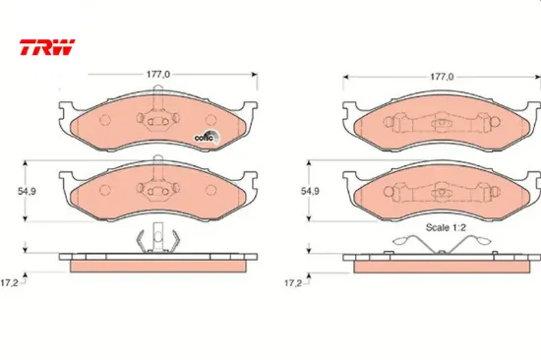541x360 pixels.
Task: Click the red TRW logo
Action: coord(47,47)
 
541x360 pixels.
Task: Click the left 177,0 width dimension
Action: coord(158,74)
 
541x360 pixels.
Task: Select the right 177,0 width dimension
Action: coord(442,77)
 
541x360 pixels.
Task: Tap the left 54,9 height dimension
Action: coord(27,191)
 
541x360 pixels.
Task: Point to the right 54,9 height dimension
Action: coord(310,191)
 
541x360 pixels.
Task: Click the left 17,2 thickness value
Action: coord(9,283)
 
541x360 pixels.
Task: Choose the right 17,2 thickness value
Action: coord(292,283)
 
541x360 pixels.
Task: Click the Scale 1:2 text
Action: coord(446,227)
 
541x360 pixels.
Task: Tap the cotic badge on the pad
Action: coord(207,138)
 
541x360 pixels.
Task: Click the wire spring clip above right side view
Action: coord(442,244)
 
